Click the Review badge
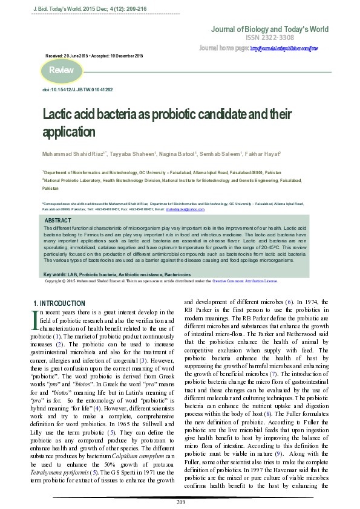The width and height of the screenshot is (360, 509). (61, 71)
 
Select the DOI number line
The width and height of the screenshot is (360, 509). (77, 89)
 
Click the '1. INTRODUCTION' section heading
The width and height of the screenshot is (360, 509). (58, 303)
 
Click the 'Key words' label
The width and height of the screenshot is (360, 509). (56, 275)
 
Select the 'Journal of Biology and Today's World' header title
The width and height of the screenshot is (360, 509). (269, 29)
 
